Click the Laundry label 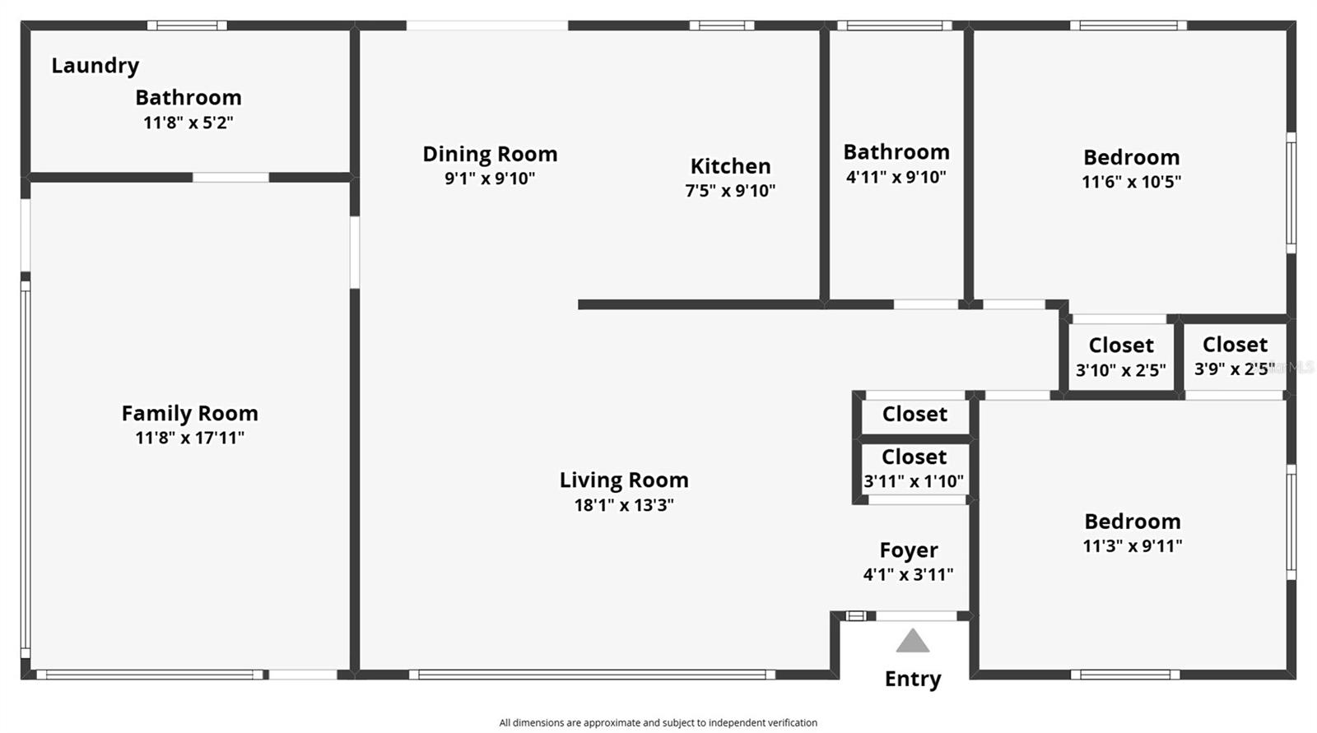[95, 65]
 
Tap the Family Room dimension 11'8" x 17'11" [189, 438]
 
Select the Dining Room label [490, 154]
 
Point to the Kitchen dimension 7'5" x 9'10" [730, 191]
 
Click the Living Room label [624, 480]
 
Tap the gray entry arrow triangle [912, 642]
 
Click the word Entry [912, 679]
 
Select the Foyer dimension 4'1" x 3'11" [908, 574]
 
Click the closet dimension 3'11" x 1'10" [913, 481]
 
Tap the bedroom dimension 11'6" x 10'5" [1131, 182]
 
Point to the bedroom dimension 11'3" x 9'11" [1132, 545]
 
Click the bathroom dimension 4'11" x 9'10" [896, 177]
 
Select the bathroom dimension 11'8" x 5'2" [188, 123]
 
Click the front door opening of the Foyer [915, 615]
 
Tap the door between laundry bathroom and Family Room [230, 177]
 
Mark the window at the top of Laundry [187, 26]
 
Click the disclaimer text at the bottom [658, 722]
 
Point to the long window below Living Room [592, 675]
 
